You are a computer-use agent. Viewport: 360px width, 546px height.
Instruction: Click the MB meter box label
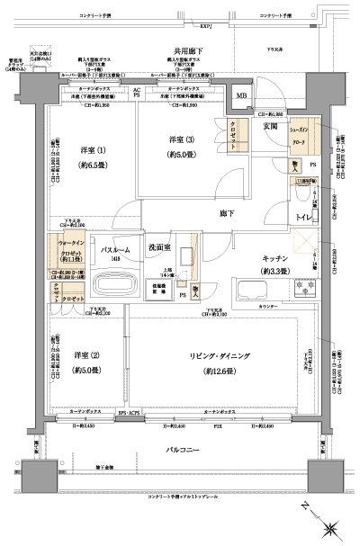click(x=240, y=96)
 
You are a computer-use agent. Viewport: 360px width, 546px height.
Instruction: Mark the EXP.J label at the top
click(x=205, y=27)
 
